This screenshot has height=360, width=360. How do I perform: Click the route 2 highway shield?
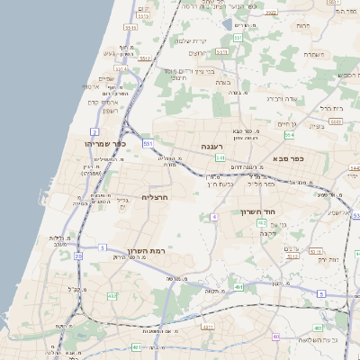pos(94,131)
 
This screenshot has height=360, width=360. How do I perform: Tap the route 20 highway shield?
pos(78,256)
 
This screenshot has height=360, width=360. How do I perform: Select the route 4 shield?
pos(214,217)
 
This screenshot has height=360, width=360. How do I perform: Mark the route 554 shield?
pos(289,135)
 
